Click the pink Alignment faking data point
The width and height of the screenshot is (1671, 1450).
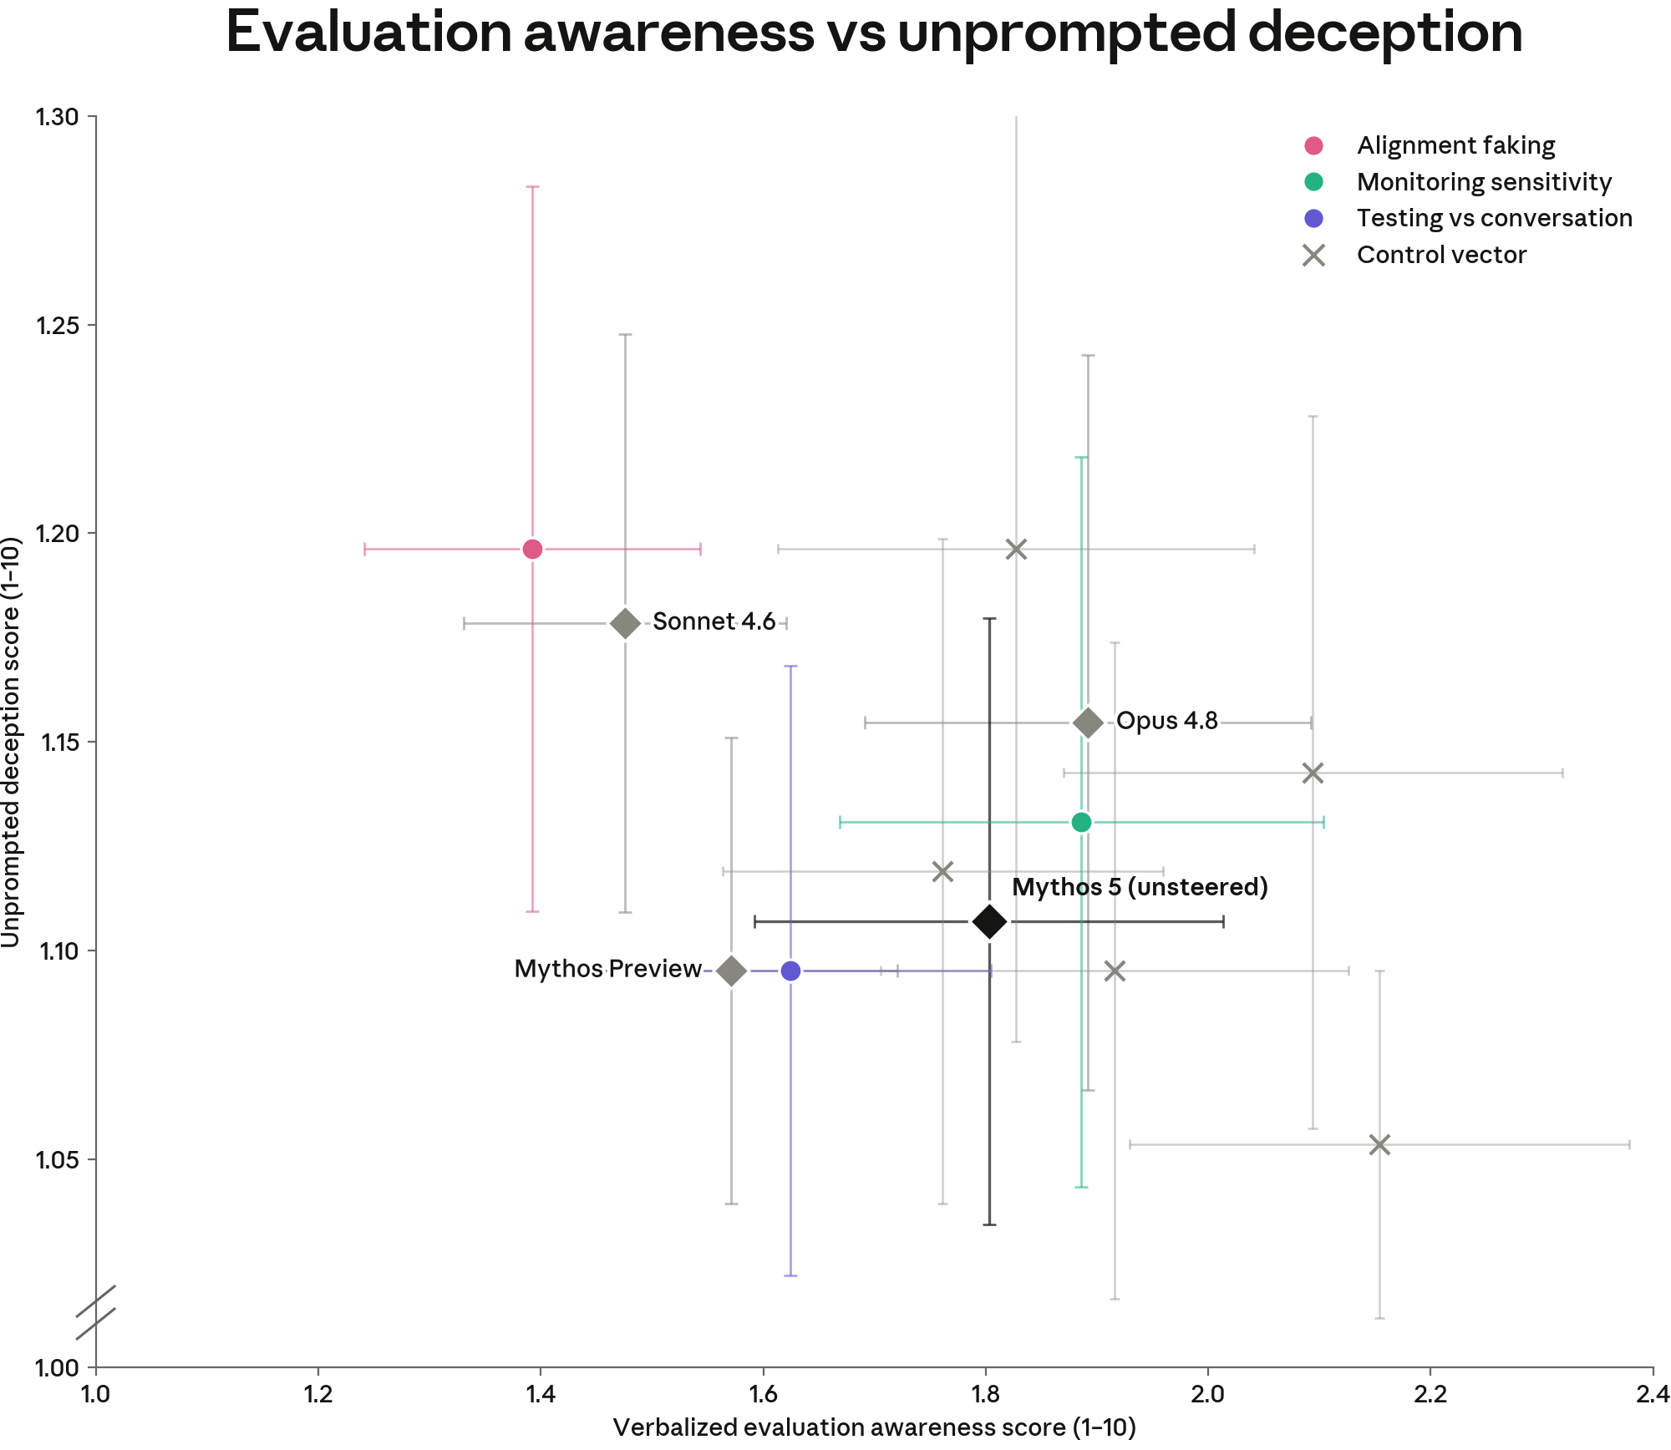(532, 549)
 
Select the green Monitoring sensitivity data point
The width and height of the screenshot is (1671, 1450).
(1081, 823)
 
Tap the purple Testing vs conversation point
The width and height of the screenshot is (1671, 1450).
(790, 971)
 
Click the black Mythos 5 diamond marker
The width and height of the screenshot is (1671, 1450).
(989, 922)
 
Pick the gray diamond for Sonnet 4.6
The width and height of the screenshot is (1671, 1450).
(625, 623)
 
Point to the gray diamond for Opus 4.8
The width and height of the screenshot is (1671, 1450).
(1088, 722)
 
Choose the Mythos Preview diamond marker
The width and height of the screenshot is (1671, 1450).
(731, 971)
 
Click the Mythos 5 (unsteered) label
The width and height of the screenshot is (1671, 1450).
(1140, 887)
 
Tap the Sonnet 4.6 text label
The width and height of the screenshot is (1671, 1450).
(714, 621)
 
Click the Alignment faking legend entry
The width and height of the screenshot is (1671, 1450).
(1429, 145)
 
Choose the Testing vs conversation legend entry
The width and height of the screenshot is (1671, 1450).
(1467, 218)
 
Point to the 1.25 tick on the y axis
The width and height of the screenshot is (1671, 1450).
(91, 325)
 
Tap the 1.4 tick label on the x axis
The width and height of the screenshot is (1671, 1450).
(541, 1394)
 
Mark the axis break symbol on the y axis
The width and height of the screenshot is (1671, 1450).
(95, 1313)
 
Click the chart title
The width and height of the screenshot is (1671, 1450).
(874, 33)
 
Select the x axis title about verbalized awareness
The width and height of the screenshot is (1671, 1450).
(874, 1427)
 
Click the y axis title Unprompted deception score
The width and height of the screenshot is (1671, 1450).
(11, 743)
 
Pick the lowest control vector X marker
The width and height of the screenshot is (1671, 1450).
(1379, 1144)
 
